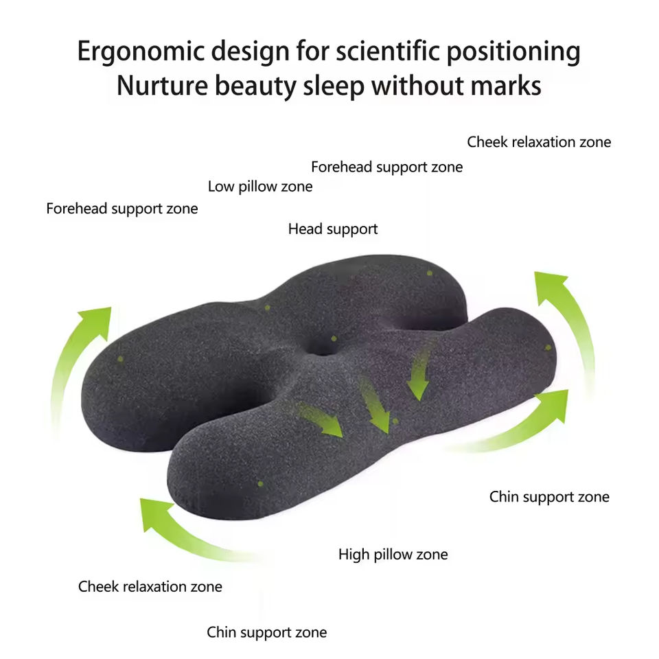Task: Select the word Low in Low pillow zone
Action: click(x=221, y=187)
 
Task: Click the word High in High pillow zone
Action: click(x=354, y=554)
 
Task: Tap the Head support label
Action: click(x=333, y=229)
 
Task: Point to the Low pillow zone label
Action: click(x=260, y=187)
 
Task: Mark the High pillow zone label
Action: click(x=393, y=554)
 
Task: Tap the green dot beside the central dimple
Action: click(x=334, y=338)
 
